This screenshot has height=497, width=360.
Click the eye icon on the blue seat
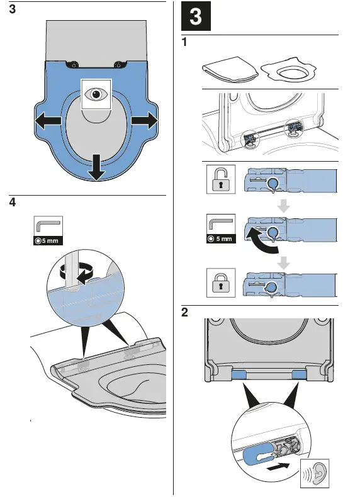pyautogui.click(x=96, y=94)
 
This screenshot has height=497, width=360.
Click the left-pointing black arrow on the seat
pyautogui.click(x=48, y=121)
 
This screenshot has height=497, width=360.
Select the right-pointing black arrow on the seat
pyautogui.click(x=144, y=121)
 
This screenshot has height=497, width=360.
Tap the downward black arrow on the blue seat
pyautogui.click(x=96, y=167)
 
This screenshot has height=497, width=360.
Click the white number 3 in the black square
pyautogui.click(x=196, y=16)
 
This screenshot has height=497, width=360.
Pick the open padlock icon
pyautogui.click(x=221, y=179)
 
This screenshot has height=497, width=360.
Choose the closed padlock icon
pyautogui.click(x=221, y=282)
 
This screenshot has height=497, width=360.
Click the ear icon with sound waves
pyautogui.click(x=315, y=473)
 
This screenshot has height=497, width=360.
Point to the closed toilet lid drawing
pyautogui.click(x=230, y=70)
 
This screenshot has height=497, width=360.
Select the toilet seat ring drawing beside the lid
pyautogui.click(x=288, y=69)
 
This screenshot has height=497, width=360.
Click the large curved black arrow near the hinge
pyautogui.click(x=261, y=240)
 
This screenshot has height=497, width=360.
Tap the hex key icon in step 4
pyautogui.click(x=48, y=226)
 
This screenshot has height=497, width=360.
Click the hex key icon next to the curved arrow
pyautogui.click(x=221, y=224)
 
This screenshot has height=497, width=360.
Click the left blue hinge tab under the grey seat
pyautogui.click(x=239, y=375)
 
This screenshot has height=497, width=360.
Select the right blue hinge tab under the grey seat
pyautogui.click(x=298, y=375)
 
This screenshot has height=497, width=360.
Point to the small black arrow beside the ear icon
pyautogui.click(x=278, y=466)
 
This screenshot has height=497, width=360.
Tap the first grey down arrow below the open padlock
pyautogui.click(x=283, y=206)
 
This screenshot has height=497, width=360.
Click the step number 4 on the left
pyautogui.click(x=13, y=202)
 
